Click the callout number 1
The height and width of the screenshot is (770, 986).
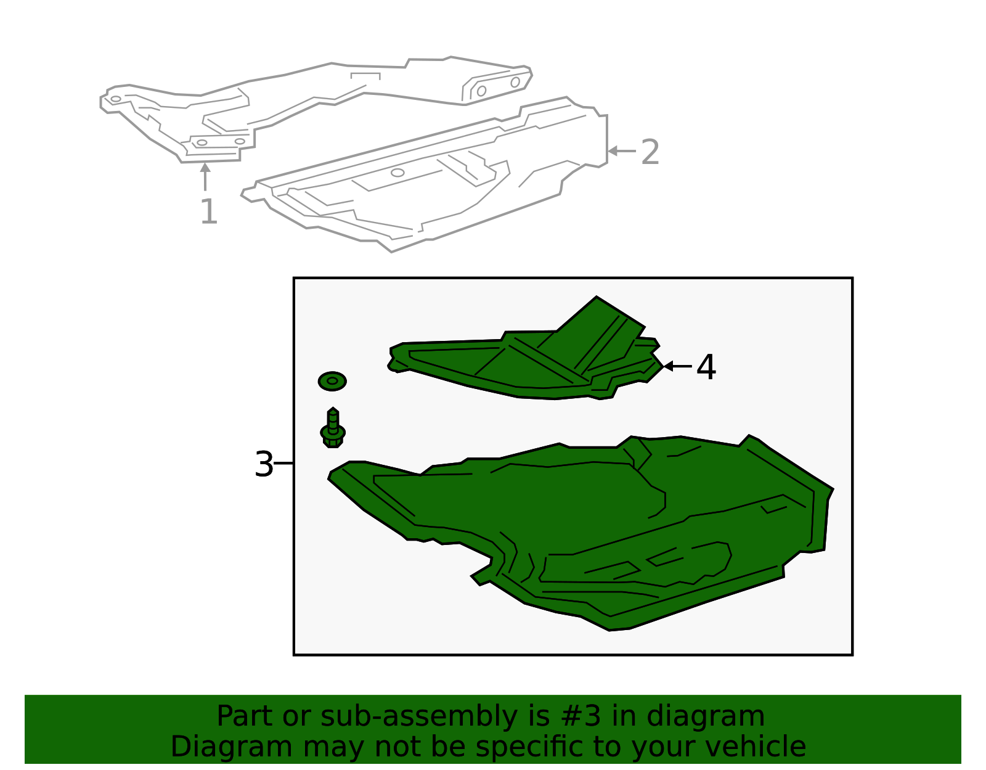[x=209, y=212]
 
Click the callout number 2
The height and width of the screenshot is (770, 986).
[x=650, y=152]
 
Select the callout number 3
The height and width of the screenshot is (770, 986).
[x=264, y=465]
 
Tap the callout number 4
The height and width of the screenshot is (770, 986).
[x=706, y=367]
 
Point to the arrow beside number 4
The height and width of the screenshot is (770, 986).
[x=677, y=366]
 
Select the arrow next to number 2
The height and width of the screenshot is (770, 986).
[x=621, y=151]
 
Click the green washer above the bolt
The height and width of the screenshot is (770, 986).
[x=332, y=381]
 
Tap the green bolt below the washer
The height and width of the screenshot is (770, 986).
[x=333, y=428]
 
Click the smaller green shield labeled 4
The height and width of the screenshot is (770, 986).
[x=524, y=364]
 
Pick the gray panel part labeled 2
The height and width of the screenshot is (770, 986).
[x=431, y=185]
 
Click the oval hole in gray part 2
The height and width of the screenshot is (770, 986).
[x=397, y=173]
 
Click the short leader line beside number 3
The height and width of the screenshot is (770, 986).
[x=283, y=463]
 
